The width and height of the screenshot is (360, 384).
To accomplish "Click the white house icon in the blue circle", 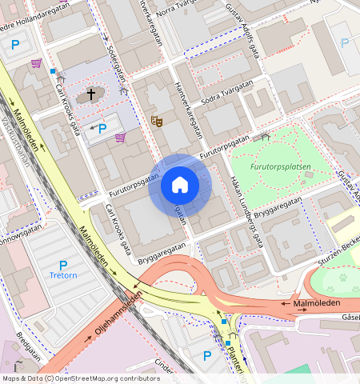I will click(x=180, y=185).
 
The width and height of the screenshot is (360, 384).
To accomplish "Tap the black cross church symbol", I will click(x=91, y=94).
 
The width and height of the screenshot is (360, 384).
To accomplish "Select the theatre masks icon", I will click(x=157, y=121).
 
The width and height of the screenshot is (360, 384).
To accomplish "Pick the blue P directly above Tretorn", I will click(x=63, y=266).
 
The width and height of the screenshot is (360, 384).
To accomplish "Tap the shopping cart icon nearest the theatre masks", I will click(x=120, y=138).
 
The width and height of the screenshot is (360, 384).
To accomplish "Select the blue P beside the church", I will click(x=102, y=128).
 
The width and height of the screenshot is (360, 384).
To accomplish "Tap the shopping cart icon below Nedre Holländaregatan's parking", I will click(x=36, y=62).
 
